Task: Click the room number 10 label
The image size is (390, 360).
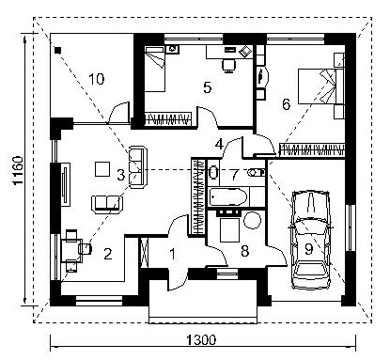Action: pyautogui.click(x=96, y=79)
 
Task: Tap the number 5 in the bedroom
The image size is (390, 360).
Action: pyautogui.click(x=208, y=87)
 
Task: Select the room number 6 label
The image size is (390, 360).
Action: pyautogui.click(x=287, y=104)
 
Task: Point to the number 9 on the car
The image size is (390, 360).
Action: pyautogui.click(x=309, y=249)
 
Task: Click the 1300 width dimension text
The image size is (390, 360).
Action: pyautogui.click(x=201, y=340)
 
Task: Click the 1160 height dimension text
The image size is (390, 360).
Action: pyautogui.click(x=18, y=170)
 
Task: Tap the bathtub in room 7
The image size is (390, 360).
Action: pyautogui.click(x=228, y=197)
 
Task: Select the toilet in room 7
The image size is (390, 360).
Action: pyautogui.click(x=257, y=172)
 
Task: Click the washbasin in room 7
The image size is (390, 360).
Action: pyautogui.click(x=213, y=172)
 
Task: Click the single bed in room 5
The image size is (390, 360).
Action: pyautogui.click(x=155, y=69)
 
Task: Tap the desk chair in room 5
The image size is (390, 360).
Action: pyautogui.click(x=228, y=66)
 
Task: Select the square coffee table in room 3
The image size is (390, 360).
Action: pyautogui.click(x=102, y=168)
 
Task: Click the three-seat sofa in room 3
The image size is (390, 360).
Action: pyautogui.click(x=138, y=167)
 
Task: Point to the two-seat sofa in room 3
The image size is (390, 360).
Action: pyautogui.click(x=106, y=204)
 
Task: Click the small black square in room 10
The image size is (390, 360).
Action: pyautogui.click(x=57, y=50)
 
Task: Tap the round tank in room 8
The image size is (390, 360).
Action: pyautogui.click(x=252, y=220)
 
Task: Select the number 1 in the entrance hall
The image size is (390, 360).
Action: pyautogui.click(x=173, y=254)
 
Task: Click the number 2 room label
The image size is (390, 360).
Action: pyautogui.click(x=108, y=254)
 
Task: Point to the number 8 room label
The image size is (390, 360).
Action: pyautogui.click(x=244, y=251)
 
